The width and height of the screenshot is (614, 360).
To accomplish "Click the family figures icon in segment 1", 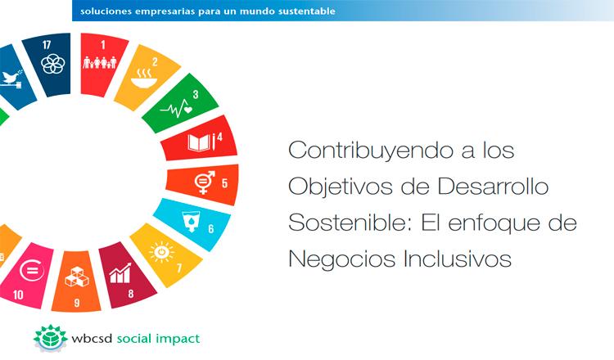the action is [x=100, y=63].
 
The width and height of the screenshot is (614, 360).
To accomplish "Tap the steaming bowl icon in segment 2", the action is [x=144, y=79].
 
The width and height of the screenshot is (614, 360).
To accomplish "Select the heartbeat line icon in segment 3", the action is [x=176, y=108].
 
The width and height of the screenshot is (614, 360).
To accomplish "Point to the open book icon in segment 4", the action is [x=201, y=143].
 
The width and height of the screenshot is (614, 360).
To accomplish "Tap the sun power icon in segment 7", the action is [x=161, y=252].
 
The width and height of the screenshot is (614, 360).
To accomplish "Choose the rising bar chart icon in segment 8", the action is [x=120, y=273].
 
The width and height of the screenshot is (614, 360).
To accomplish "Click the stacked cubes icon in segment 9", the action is [x=77, y=277].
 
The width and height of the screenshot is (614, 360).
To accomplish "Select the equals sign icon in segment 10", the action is [x=32, y=270].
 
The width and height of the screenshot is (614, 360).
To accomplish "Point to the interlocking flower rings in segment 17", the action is [x=53, y=64].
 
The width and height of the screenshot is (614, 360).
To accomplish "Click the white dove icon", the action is [x=11, y=79].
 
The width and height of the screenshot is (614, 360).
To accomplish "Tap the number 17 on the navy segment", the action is [x=47, y=45].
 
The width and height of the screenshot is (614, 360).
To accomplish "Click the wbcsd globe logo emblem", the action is [x=51, y=338].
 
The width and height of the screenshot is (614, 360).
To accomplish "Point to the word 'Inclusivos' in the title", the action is [x=458, y=259].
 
